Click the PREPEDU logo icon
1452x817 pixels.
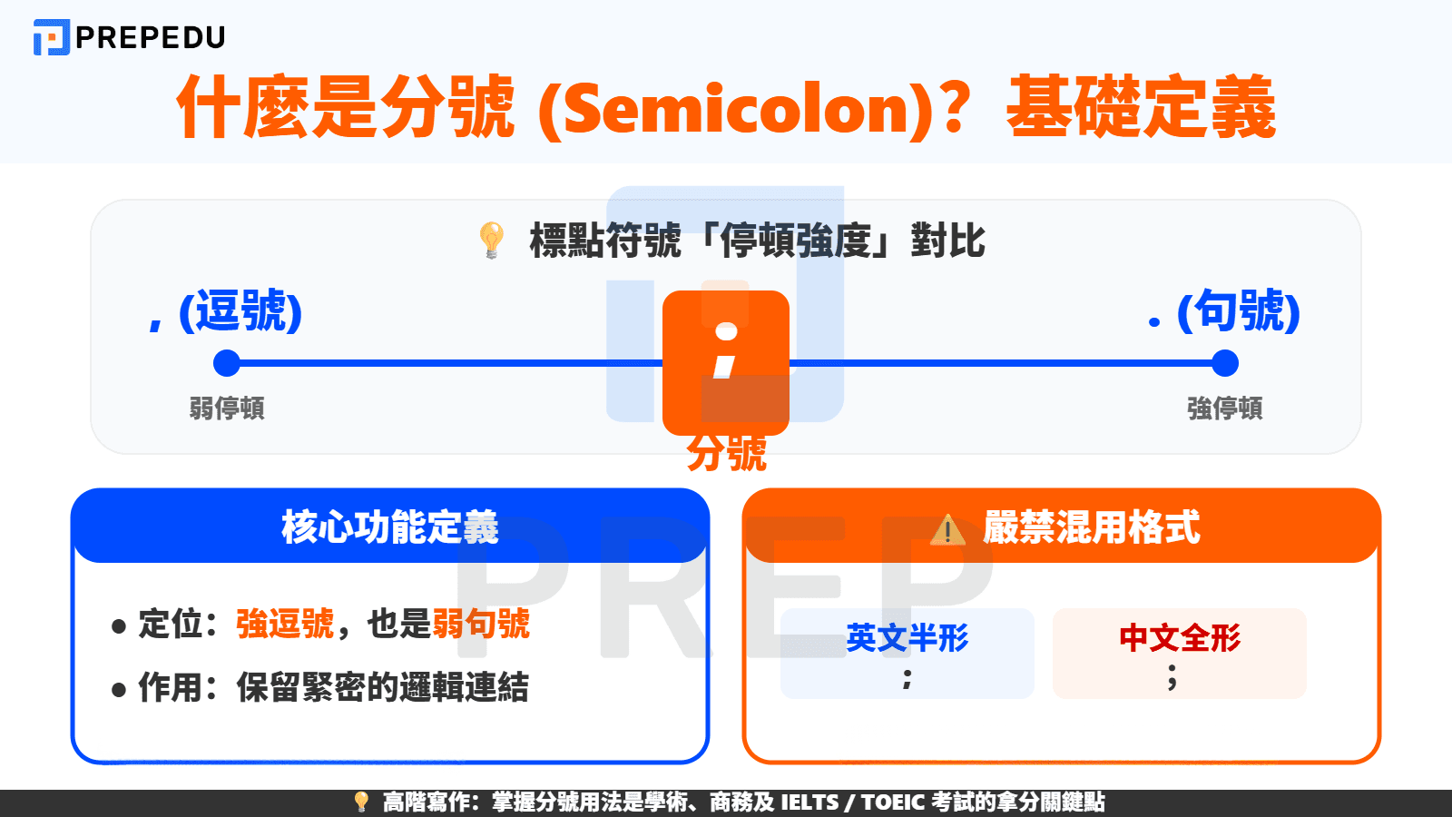51,37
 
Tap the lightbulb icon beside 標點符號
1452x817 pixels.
491,240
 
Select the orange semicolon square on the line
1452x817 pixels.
725,361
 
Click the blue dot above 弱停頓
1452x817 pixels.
226,363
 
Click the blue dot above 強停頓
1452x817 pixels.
1225,363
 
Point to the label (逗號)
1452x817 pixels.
240,311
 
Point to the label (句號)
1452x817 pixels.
1238,311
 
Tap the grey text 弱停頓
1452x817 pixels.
227,408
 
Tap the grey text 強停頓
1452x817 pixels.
1225,408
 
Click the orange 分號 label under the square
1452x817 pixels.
726,453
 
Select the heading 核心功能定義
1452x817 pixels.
390,527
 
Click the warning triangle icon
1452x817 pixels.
947,529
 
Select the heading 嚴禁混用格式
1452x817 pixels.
1092,527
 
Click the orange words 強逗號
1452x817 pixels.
285,625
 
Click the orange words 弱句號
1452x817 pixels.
481,625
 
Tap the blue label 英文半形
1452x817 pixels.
907,638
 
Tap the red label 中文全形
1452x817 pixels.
1180,638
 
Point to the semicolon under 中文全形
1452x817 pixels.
1172,676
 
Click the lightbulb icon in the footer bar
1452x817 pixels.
361,802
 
